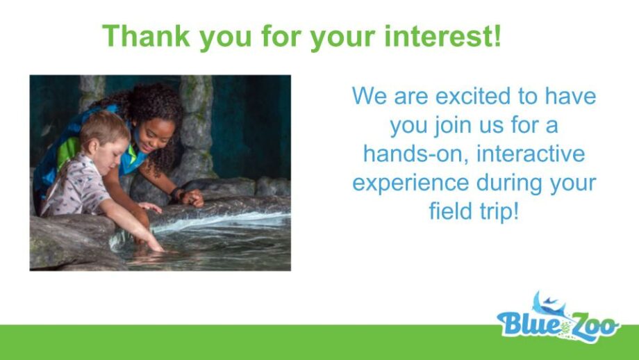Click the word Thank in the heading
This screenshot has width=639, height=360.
point(147,36)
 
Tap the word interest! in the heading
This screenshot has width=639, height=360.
point(442,36)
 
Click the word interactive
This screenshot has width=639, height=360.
point(531,154)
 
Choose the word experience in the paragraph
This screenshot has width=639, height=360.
point(410,183)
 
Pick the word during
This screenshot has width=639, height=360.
point(509,183)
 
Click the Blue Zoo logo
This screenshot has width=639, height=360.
point(558,318)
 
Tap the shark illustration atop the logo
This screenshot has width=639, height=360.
point(549,304)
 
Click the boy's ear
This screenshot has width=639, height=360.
point(92,145)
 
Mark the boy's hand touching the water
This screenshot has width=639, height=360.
point(156,245)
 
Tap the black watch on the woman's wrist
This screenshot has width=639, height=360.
point(175,193)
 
